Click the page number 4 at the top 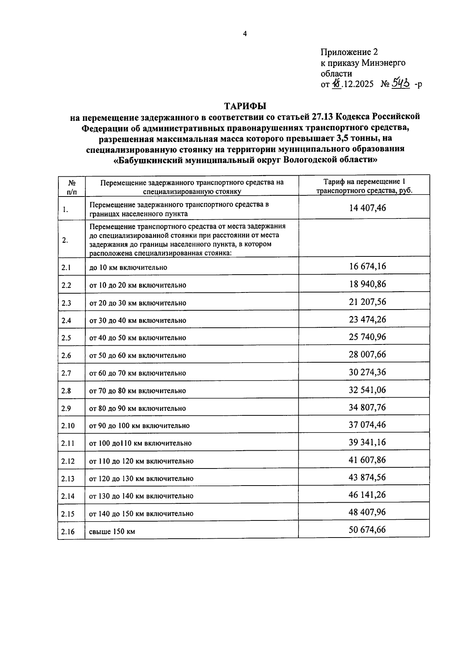point(245,34)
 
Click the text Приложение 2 point(349,52)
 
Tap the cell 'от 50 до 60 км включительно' point(138,356)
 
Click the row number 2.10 point(68,426)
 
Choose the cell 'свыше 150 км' point(112,531)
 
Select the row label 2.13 point(68,479)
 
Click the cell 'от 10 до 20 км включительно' point(138,285)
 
